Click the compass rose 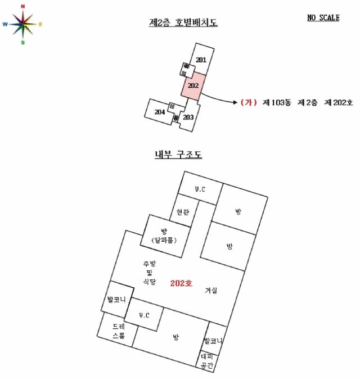click(x=22, y=24)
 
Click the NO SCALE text click(x=323, y=17)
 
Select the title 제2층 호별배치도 click(x=183, y=22)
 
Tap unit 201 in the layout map click(x=201, y=60)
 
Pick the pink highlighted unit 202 click(x=193, y=86)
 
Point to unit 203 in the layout click(x=188, y=117)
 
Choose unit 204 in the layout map click(x=159, y=112)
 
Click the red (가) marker click(x=249, y=102)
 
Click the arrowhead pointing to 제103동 click(x=235, y=102)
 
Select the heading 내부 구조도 click(x=178, y=155)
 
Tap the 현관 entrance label click(x=182, y=212)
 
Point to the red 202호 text click(x=181, y=283)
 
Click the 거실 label click(x=211, y=290)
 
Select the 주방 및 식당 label click(x=149, y=273)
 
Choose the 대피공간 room click(x=206, y=361)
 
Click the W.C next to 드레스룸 click(x=144, y=315)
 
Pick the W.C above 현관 click(x=200, y=189)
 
